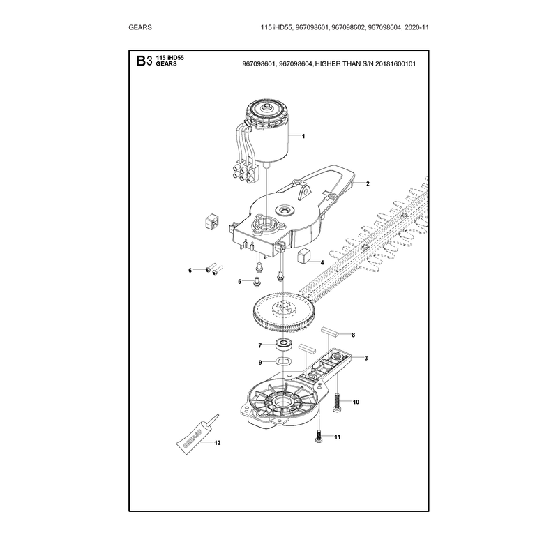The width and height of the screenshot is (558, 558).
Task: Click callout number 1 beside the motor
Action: (303, 136)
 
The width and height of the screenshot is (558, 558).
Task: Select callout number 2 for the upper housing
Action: (368, 183)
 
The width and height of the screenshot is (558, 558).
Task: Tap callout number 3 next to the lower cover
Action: (365, 358)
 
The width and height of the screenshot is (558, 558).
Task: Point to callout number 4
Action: (322, 263)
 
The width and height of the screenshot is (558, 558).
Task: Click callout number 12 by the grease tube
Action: (218, 443)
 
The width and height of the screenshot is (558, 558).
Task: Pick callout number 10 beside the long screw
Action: (356, 402)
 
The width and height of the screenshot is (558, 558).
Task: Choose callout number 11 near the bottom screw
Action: (338, 437)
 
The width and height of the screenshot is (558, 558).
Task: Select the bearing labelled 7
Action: (283, 343)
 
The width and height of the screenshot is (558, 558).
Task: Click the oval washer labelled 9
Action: (283, 361)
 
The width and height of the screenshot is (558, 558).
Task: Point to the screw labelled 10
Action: (338, 402)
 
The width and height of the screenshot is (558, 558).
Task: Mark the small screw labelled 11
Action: (319, 436)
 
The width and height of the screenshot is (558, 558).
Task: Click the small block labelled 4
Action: (303, 256)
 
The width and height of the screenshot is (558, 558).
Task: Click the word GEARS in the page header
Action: (140, 27)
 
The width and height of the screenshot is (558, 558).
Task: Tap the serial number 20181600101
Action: (395, 64)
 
